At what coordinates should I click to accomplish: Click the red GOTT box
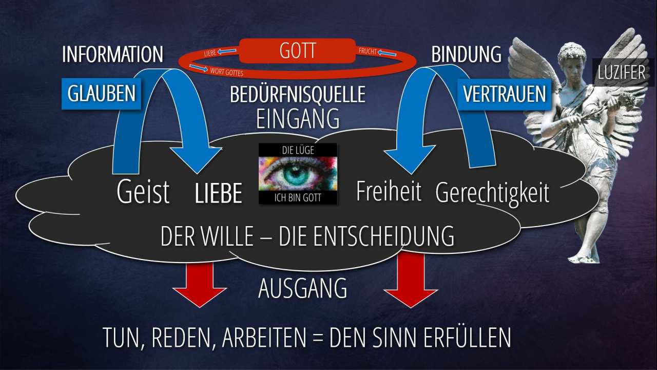297,50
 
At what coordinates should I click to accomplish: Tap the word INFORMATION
112,54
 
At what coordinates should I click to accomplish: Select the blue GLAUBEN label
102,94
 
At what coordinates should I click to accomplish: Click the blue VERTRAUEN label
505,94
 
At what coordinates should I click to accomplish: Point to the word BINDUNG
467,54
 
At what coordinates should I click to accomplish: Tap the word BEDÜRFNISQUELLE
298,95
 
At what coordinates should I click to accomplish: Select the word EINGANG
298,119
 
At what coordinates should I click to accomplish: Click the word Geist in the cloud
143,192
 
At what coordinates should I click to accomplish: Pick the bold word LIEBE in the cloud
219,193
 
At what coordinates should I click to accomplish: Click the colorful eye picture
298,174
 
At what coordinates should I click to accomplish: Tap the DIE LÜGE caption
298,150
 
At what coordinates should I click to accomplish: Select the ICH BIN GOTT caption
298,198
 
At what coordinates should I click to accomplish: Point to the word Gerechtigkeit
492,193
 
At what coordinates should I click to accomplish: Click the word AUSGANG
302,288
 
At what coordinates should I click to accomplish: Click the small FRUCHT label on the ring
368,51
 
